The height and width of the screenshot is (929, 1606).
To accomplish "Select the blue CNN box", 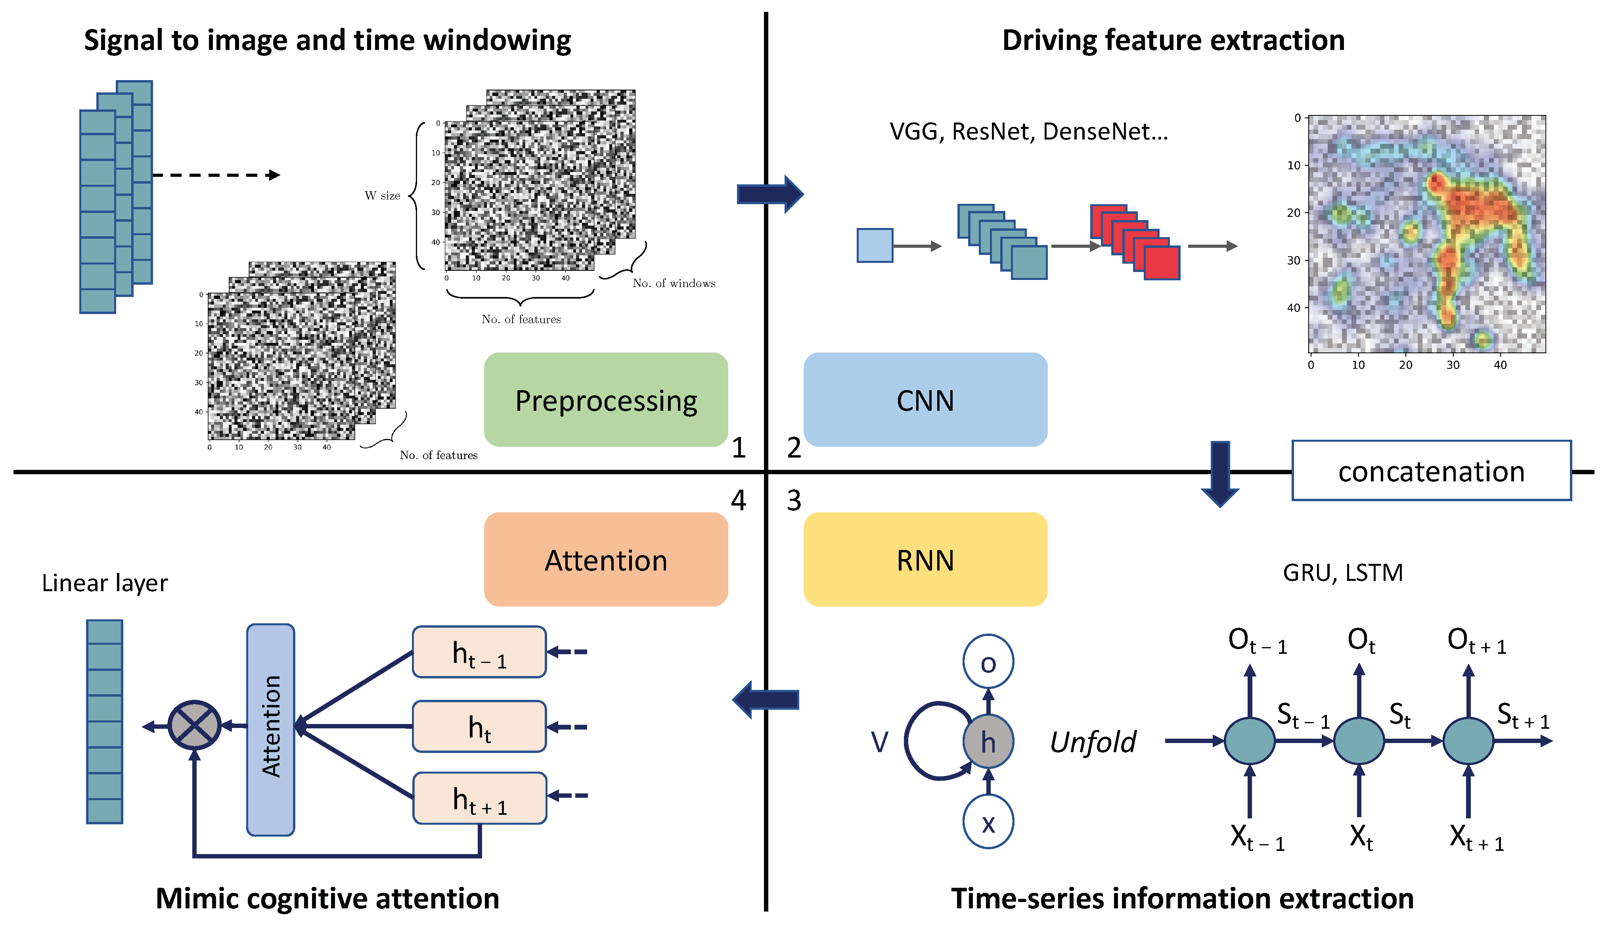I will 925,400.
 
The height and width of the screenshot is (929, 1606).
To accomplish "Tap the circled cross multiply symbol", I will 194,725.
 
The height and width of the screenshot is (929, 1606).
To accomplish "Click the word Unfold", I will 1092,742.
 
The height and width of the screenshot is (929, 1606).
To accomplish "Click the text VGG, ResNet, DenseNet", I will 1028,131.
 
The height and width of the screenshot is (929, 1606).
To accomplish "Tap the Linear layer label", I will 105,582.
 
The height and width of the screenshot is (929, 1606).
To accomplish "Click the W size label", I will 383,195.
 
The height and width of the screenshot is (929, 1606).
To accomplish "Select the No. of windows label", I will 673,283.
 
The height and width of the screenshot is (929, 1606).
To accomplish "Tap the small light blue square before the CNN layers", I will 875,245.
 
